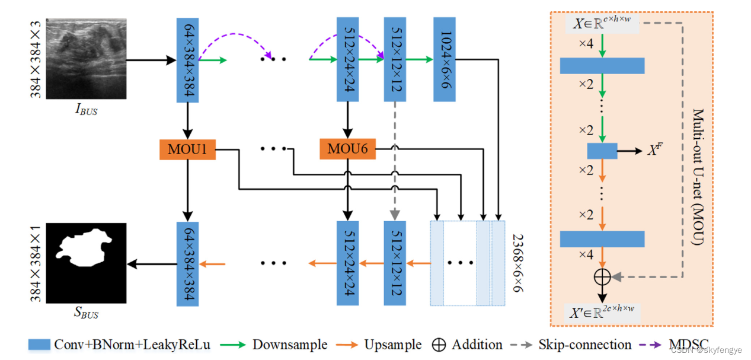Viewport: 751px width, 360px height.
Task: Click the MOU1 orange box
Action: [x=187, y=149]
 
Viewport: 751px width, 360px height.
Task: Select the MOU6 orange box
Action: [x=347, y=149]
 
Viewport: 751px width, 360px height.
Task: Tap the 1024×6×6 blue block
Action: [x=444, y=59]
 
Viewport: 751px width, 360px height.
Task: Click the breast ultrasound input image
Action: [x=86, y=59]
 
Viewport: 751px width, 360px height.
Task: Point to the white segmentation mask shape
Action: [x=84, y=247]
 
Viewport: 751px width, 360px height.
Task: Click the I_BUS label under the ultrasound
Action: [x=86, y=109]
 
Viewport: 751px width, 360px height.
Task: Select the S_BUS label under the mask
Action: [x=86, y=313]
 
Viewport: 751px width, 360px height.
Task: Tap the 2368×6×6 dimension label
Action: [x=518, y=263]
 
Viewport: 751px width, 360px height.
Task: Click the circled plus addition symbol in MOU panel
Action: [x=602, y=277]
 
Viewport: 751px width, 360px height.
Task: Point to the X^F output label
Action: [x=655, y=149]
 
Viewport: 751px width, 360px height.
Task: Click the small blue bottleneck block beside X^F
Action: [x=602, y=151]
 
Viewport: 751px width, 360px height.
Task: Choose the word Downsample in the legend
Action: [x=290, y=345]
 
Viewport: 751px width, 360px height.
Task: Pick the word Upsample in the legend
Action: [x=393, y=345]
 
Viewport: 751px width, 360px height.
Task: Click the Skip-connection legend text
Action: [x=585, y=345]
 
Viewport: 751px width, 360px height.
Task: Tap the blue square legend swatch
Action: [x=39, y=345]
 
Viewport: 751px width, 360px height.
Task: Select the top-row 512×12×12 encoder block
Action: [x=395, y=59]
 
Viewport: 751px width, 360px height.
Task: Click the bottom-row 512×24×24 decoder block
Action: [x=348, y=263]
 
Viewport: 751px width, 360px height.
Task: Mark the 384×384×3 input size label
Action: [x=35, y=59]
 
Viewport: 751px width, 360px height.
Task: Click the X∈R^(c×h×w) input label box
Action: [x=602, y=24]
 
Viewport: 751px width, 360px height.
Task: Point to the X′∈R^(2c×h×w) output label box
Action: [x=602, y=313]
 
